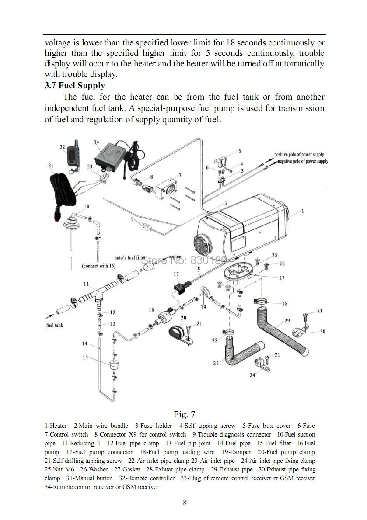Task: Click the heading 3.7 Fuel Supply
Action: click(x=75, y=86)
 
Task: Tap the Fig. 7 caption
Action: click(x=184, y=414)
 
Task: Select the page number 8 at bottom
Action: click(x=185, y=503)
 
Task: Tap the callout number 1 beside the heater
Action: click(x=302, y=211)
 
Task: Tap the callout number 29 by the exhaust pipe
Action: click(x=287, y=321)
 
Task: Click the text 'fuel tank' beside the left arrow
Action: click(x=55, y=325)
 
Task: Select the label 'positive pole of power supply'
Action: click(x=299, y=154)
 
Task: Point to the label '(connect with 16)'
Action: click(x=98, y=266)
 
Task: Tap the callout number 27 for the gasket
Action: click(x=281, y=278)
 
